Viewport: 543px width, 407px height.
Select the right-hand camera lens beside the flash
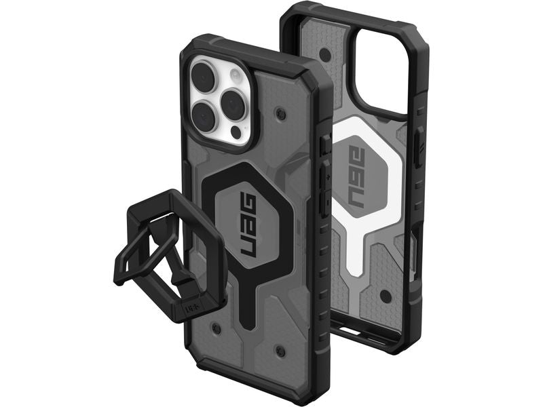point(234,102)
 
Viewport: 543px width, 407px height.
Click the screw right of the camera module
point(282,108)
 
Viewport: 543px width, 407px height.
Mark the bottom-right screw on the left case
point(280,350)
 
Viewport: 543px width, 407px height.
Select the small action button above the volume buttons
point(324,144)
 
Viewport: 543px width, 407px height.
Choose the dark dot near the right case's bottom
point(386,296)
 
